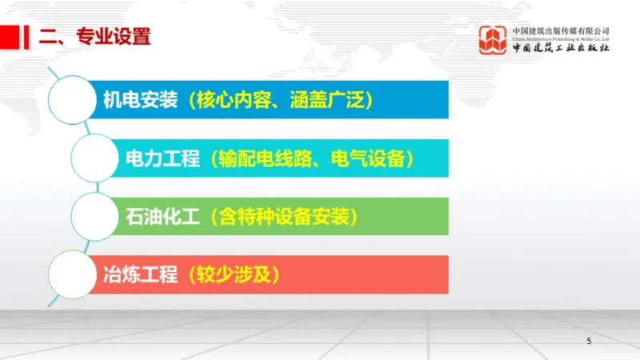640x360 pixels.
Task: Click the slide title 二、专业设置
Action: (x=95, y=36)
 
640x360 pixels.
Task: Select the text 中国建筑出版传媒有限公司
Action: (x=561, y=29)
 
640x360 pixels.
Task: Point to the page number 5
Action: (x=590, y=342)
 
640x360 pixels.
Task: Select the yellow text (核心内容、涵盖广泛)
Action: (x=278, y=101)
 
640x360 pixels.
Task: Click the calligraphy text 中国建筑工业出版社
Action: (x=561, y=48)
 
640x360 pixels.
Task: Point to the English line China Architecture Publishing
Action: (x=561, y=38)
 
